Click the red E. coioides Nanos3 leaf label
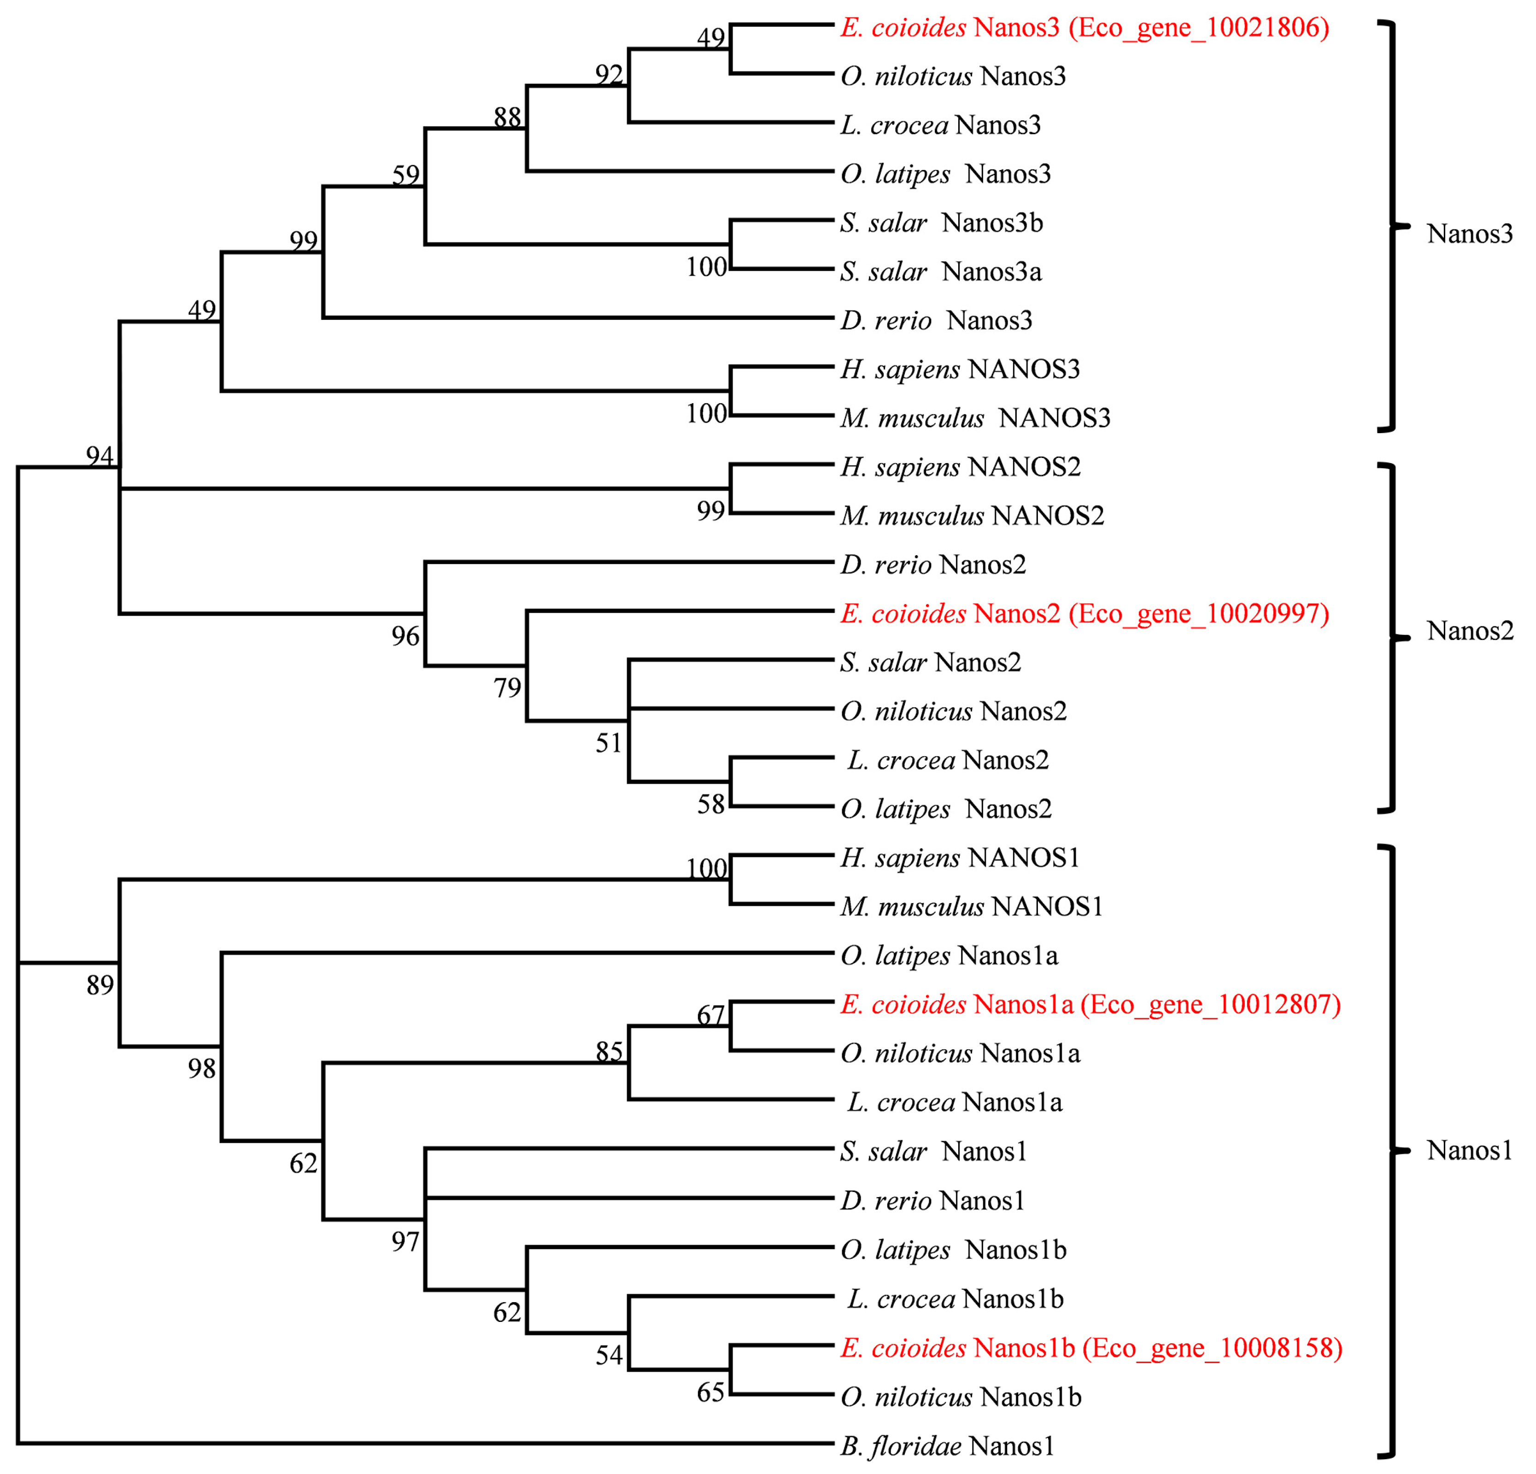click(x=1085, y=28)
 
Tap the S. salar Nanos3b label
click(x=941, y=223)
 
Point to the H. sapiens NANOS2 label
click(x=960, y=467)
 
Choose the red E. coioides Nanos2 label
click(x=1085, y=614)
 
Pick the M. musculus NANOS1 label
click(x=972, y=907)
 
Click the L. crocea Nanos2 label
click(x=948, y=760)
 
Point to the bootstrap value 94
click(x=100, y=455)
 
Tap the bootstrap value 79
click(x=507, y=688)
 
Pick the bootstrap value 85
click(x=609, y=1051)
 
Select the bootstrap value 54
click(x=609, y=1355)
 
